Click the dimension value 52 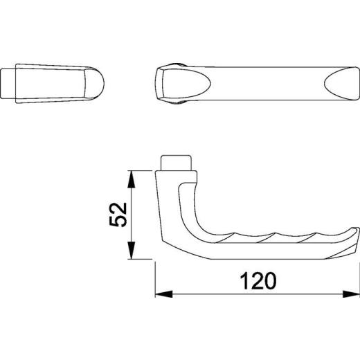point(118,215)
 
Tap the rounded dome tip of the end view point(98,84)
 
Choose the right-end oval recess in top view point(340,84)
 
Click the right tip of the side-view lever point(357,236)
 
